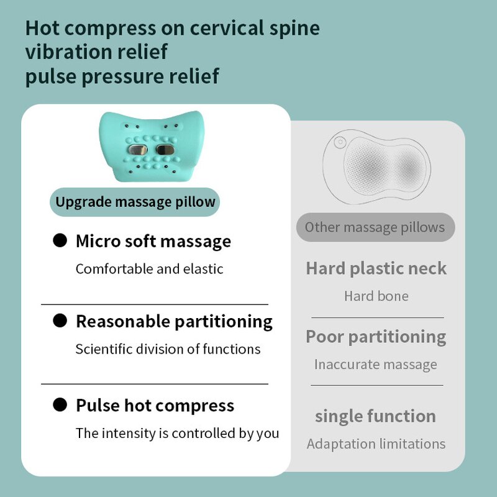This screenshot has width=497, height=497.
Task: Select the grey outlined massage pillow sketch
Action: (376, 167)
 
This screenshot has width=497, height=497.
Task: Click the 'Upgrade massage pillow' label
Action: (135, 202)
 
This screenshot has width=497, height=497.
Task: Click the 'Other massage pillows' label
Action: (375, 227)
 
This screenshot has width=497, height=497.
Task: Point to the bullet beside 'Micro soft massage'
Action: (60, 241)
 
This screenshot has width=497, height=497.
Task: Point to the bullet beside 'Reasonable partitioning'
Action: (60, 321)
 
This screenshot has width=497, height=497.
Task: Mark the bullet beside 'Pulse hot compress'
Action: (60, 405)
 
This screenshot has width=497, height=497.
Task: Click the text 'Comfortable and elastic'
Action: (149, 269)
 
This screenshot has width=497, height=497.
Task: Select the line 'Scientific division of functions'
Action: (168, 349)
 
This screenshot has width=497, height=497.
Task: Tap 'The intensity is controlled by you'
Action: (177, 433)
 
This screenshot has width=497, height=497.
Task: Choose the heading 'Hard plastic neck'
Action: (376, 268)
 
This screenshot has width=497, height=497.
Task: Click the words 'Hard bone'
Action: (376, 296)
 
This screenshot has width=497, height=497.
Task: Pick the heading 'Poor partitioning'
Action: (376, 337)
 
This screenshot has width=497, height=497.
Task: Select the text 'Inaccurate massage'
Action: (376, 365)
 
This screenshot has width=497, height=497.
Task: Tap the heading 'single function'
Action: (375, 416)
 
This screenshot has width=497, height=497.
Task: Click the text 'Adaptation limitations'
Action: (376, 444)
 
